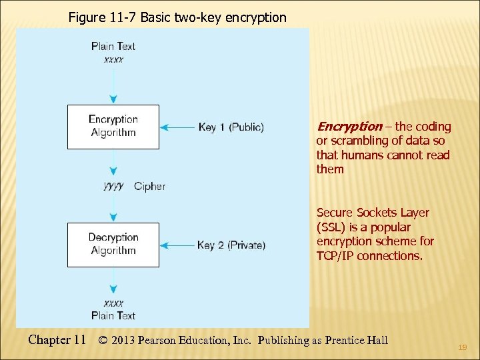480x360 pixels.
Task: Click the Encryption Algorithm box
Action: click(x=113, y=126)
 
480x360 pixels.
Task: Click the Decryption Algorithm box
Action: click(x=113, y=244)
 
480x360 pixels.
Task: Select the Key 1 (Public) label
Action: click(x=231, y=127)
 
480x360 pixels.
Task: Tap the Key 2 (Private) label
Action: click(x=231, y=245)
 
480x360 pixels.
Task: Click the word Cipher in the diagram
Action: click(x=149, y=187)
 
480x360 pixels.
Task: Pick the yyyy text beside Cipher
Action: click(x=114, y=186)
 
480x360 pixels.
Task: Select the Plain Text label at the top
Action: click(x=113, y=46)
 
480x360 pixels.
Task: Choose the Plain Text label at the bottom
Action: click(x=113, y=315)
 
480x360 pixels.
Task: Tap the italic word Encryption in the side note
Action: click(x=349, y=127)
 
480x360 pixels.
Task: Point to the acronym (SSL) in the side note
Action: click(x=331, y=227)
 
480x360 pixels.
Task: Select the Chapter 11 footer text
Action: click(x=57, y=340)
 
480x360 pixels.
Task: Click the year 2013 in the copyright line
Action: click(x=124, y=341)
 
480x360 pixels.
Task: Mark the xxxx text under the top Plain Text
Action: click(x=113, y=59)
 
